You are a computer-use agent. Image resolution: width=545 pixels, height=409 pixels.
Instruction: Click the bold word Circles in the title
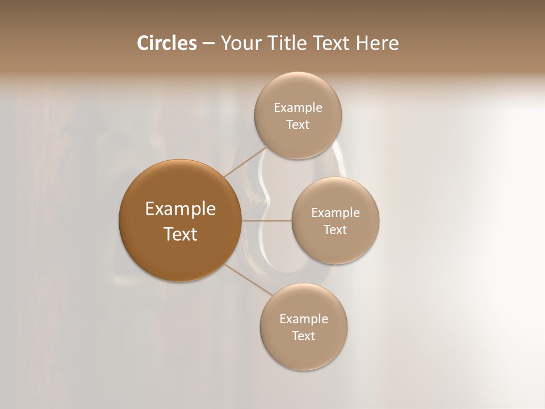(x=167, y=43)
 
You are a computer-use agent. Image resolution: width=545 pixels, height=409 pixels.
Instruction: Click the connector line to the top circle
(x=245, y=161)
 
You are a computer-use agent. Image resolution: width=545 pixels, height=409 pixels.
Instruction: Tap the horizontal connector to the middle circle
(x=266, y=220)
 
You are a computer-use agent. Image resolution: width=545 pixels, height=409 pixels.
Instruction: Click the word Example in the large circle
(x=180, y=209)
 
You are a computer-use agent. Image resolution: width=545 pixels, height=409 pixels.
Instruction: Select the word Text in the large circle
(x=180, y=234)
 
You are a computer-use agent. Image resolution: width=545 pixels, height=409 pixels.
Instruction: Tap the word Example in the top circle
(x=297, y=108)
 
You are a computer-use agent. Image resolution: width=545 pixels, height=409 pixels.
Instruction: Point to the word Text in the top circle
(x=297, y=124)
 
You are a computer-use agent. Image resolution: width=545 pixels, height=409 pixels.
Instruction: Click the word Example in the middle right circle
(x=335, y=213)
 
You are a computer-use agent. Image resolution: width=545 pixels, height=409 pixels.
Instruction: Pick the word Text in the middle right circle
(x=335, y=229)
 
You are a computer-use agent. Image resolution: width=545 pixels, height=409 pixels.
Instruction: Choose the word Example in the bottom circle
(x=303, y=319)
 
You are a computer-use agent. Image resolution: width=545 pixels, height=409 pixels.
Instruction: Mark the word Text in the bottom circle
(x=303, y=336)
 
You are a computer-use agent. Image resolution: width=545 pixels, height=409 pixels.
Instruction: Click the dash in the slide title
(x=208, y=44)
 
